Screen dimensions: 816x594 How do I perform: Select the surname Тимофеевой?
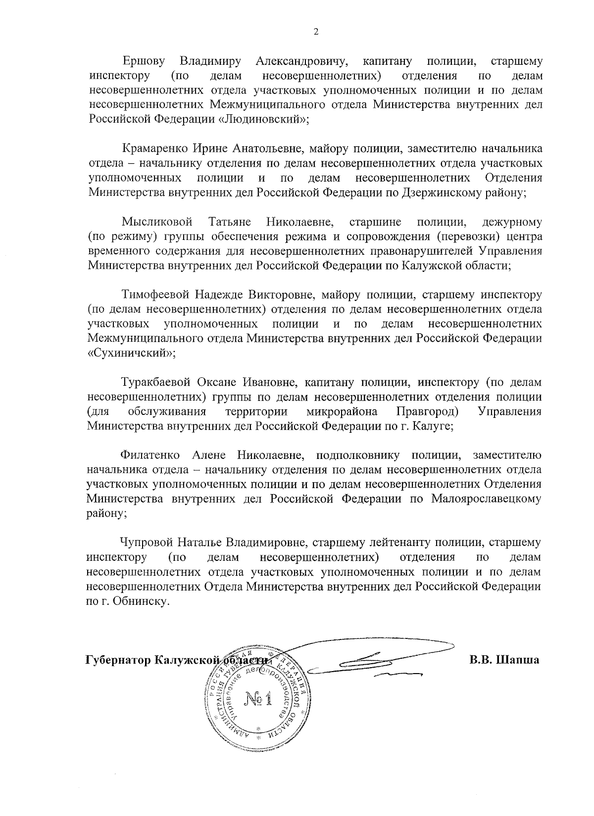155,295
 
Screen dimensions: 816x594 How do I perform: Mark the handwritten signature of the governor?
376,658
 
